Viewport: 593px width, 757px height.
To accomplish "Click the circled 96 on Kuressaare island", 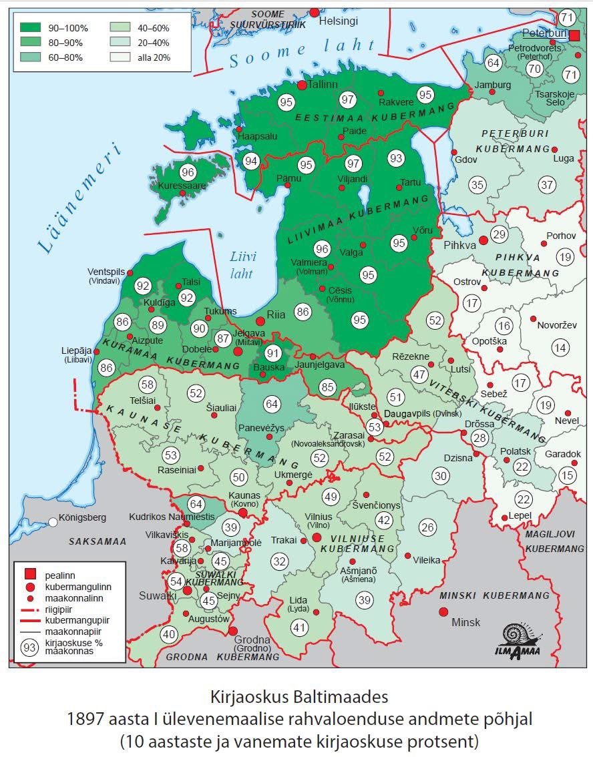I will [x=188, y=172].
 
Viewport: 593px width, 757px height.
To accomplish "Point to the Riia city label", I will [x=276, y=313].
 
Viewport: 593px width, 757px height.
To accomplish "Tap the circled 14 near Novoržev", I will [x=560, y=347].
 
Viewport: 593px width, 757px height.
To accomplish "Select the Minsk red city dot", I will [x=443, y=612].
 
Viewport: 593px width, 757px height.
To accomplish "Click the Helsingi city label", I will [x=338, y=21].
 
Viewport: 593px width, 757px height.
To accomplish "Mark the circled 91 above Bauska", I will [x=272, y=352].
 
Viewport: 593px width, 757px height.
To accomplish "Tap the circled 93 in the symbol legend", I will [x=29, y=647].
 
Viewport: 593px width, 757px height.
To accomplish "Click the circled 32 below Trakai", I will [x=280, y=561].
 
